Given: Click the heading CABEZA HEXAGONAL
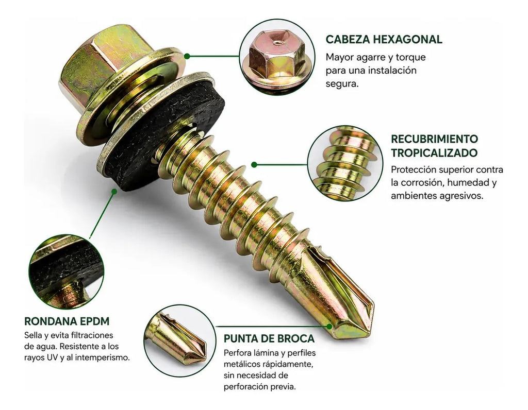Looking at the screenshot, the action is click(384, 39).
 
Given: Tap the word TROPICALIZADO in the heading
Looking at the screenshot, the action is click(434, 152).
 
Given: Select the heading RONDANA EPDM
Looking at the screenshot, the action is click(67, 321).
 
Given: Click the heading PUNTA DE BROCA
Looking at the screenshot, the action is click(269, 338).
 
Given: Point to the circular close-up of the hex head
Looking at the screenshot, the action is click(277, 57).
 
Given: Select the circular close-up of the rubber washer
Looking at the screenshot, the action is click(67, 272).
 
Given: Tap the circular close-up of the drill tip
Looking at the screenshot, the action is click(180, 340).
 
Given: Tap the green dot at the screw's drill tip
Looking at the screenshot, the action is click(329, 326).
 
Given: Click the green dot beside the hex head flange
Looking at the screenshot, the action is click(187, 56).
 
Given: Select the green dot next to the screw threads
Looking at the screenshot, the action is click(254, 164).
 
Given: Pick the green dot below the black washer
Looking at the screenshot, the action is click(114, 191).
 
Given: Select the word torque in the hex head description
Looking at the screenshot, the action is click(410, 58).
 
